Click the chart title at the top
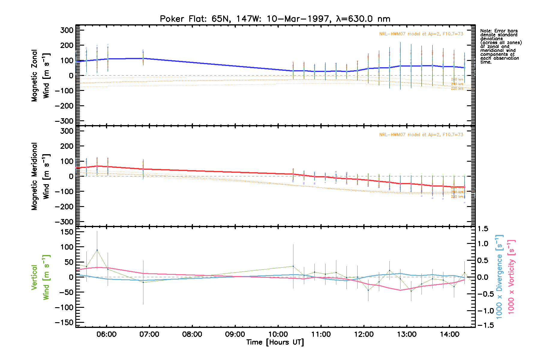pyautogui.click(x=275, y=19)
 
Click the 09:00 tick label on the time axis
pyautogui.click(x=235, y=334)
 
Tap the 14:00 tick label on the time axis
pyautogui.click(x=449, y=334)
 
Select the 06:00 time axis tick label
pyautogui.click(x=106, y=334)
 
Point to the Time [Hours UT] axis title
pyautogui.click(x=275, y=342)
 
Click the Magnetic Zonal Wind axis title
pyautogui.click(x=40, y=76)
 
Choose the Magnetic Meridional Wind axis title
pyautogui.click(x=40, y=176)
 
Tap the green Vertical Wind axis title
pyautogui.click(x=40, y=277)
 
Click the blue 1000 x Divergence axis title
pyautogui.click(x=499, y=277)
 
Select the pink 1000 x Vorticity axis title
pyautogui.click(x=511, y=277)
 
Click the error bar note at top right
pyautogui.click(x=500, y=46)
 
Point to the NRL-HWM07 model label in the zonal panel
pyautogui.click(x=421, y=34)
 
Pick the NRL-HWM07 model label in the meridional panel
pyautogui.click(x=421, y=135)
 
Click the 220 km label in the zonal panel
pyautogui.click(x=457, y=89)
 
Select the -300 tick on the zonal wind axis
pyautogui.click(x=64, y=121)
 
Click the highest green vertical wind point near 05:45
pyautogui.click(x=97, y=250)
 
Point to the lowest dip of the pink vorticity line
pyautogui.click(x=400, y=290)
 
